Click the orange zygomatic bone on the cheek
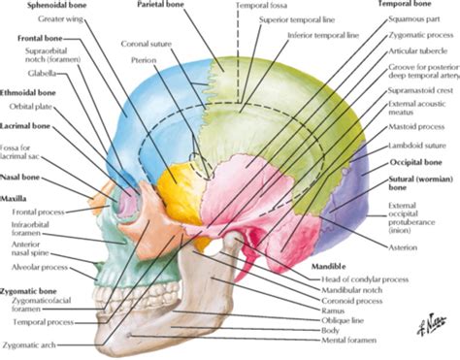pyautogui.click(x=165, y=218)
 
